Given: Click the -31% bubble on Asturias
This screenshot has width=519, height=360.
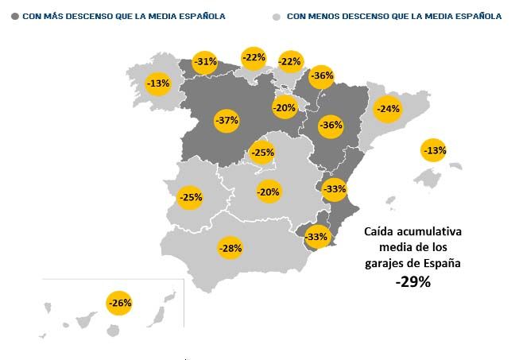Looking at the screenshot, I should tap(205, 62).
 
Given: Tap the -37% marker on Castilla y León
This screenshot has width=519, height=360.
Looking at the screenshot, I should tap(227, 121).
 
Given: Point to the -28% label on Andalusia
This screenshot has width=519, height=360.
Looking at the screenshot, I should tap(230, 249).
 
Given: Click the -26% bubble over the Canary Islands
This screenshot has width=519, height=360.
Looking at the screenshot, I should tap(119, 303).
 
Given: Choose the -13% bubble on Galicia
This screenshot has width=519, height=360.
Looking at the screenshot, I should tap(158, 83).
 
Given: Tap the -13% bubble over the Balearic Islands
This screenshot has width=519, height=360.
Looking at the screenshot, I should tap(434, 150).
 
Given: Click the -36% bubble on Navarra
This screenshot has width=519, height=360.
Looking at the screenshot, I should tap(322, 76).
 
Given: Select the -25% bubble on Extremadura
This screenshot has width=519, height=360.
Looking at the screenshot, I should tap(190, 197).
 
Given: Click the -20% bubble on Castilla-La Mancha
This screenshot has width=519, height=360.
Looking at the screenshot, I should tap(269, 192).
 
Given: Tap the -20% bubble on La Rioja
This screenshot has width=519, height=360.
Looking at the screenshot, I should tap(284, 107).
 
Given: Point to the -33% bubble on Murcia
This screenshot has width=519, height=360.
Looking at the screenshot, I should tap(316, 237).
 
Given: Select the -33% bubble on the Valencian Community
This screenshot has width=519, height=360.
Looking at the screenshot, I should tap(335, 189).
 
